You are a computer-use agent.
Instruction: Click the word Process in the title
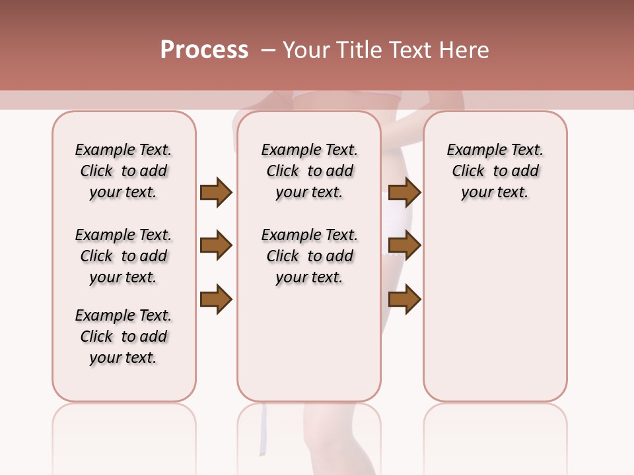[x=204, y=50]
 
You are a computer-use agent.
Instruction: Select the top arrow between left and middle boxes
[x=216, y=192]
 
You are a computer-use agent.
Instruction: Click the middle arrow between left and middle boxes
[x=216, y=246]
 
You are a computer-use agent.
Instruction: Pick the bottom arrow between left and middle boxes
[x=216, y=300]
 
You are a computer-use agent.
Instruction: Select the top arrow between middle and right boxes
[x=404, y=192]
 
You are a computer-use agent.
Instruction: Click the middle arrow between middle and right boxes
[x=404, y=246]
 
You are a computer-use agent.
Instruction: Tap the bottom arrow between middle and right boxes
[x=404, y=300]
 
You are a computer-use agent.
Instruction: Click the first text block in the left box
[x=123, y=171]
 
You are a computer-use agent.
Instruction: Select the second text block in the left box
[x=123, y=256]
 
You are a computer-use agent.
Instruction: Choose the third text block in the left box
[x=123, y=336]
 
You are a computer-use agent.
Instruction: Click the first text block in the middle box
[x=309, y=171]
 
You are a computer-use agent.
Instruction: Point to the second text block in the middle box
[x=309, y=256]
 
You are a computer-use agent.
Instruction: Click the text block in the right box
[x=495, y=171]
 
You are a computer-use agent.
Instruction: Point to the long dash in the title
[x=267, y=50]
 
